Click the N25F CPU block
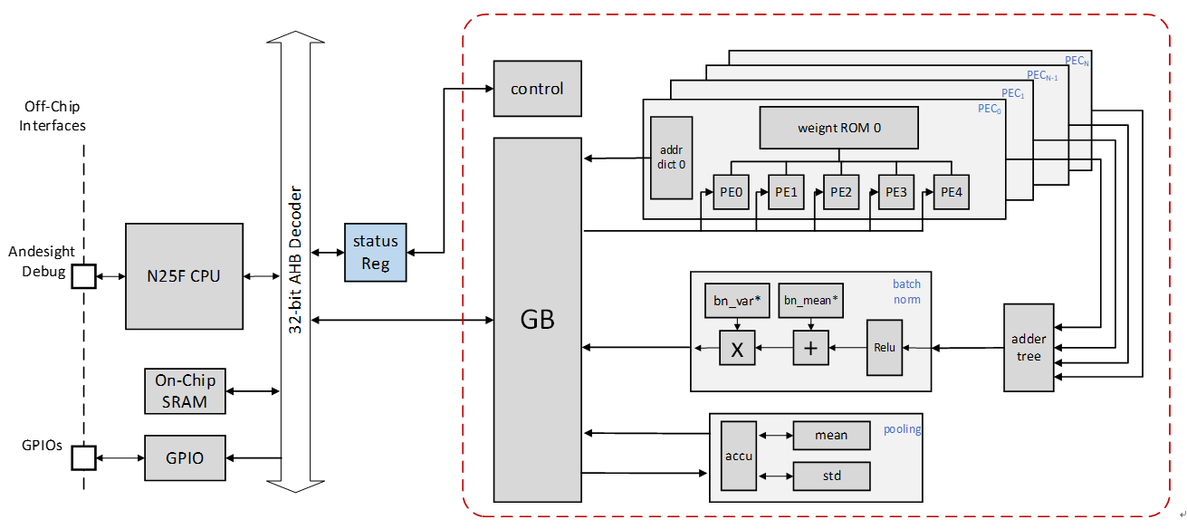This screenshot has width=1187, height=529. click(184, 275)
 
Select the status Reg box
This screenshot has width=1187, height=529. click(375, 252)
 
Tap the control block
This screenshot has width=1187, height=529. click(537, 89)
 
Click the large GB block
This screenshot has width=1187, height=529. click(537, 320)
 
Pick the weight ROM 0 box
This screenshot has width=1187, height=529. click(838, 128)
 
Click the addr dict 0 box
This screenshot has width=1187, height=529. click(671, 158)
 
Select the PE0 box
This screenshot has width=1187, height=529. click(732, 191)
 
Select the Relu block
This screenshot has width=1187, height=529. click(885, 348)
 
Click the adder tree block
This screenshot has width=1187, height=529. click(1029, 348)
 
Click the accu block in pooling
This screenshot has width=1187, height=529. click(738, 457)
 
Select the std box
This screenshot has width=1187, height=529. click(830, 476)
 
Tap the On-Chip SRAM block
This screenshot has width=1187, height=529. click(185, 391)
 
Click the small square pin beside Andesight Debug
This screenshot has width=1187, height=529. click(83, 275)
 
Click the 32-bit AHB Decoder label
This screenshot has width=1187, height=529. click(295, 263)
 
